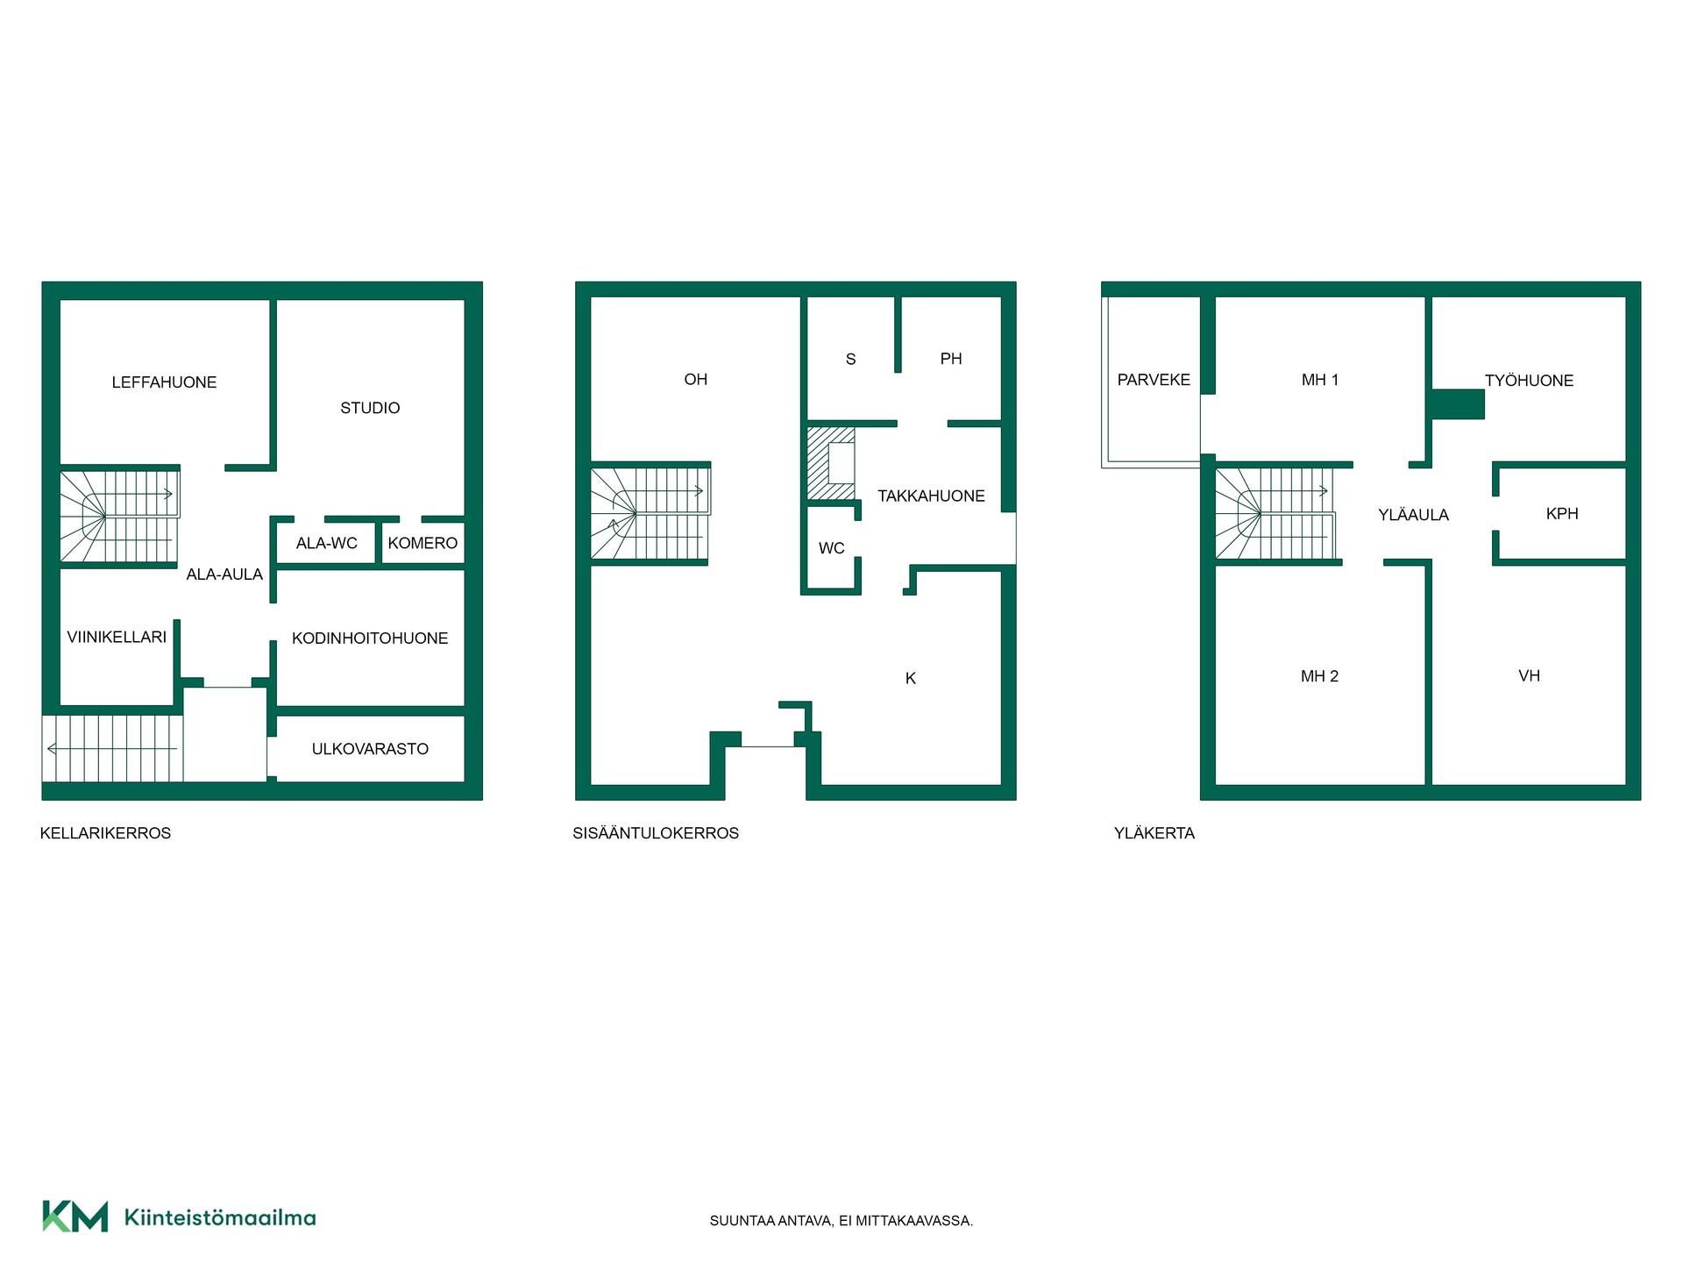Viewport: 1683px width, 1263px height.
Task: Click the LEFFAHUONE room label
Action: [x=164, y=382]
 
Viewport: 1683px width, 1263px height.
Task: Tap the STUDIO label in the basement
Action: [x=370, y=408]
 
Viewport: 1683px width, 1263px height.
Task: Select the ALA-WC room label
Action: [x=327, y=543]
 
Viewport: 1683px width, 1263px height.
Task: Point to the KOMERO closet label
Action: [x=423, y=543]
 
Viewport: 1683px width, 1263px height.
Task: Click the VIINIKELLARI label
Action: [x=117, y=637]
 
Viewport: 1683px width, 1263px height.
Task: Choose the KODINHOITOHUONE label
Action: [x=370, y=639]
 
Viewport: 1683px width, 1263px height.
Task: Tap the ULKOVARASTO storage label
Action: [x=370, y=749]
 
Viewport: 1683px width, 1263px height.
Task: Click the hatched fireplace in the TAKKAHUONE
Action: [x=831, y=464]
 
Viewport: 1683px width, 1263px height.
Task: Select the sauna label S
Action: [x=850, y=359]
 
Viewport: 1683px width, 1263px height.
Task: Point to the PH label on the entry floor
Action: [x=951, y=359]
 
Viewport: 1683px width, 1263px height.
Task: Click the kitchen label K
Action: [x=911, y=678]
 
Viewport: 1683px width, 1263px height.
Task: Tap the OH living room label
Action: [x=696, y=380]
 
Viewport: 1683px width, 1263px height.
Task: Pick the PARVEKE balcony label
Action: [x=1154, y=380]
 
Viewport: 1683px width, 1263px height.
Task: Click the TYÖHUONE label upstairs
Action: [x=1530, y=381]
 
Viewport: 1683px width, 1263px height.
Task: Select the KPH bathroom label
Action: [x=1562, y=514]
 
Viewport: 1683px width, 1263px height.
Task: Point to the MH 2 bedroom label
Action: [x=1320, y=676]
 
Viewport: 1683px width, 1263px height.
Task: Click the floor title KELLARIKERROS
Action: [x=105, y=833]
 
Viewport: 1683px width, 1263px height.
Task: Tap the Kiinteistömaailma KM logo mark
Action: [x=75, y=1217]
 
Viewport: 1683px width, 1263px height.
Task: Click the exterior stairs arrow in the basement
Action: [x=112, y=748]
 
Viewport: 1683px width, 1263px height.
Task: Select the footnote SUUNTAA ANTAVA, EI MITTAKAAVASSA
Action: [x=841, y=1221]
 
